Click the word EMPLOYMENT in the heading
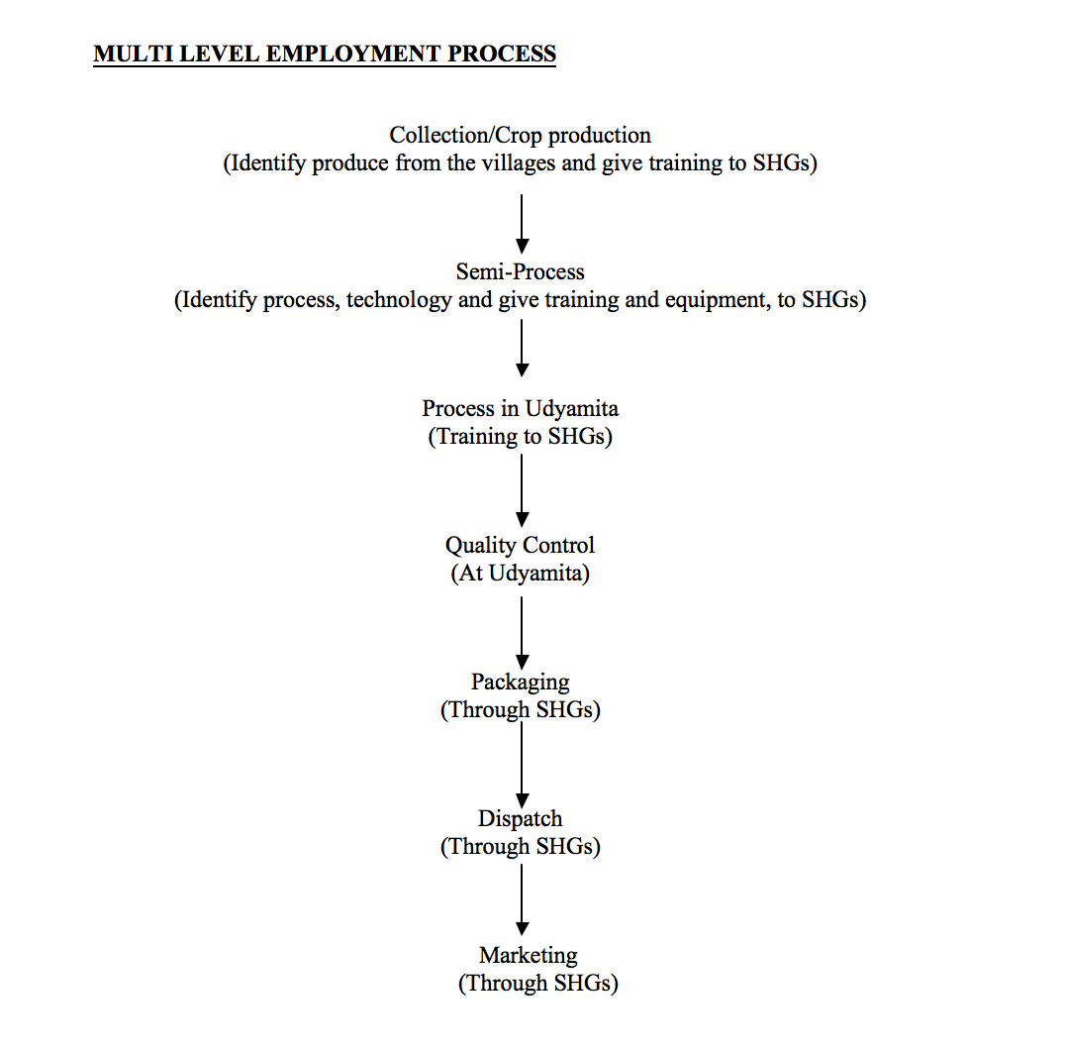pyautogui.click(x=354, y=53)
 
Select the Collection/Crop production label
pyautogui.click(x=520, y=135)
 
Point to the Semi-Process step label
pyautogui.click(x=520, y=271)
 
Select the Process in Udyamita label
pyautogui.click(x=520, y=408)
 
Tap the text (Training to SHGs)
pyautogui.click(x=520, y=437)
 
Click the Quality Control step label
pyautogui.click(x=520, y=545)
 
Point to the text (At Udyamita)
pyautogui.click(x=520, y=574)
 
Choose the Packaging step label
pyautogui.click(x=520, y=682)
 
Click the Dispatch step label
pyautogui.click(x=520, y=818)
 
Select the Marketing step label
pyautogui.click(x=528, y=955)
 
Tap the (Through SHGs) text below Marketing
pyautogui.click(x=537, y=984)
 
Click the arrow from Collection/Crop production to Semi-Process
pyautogui.click(x=522, y=223)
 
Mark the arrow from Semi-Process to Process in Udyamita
pyautogui.click(x=522, y=348)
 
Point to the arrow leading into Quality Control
pyautogui.click(x=522, y=489)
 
